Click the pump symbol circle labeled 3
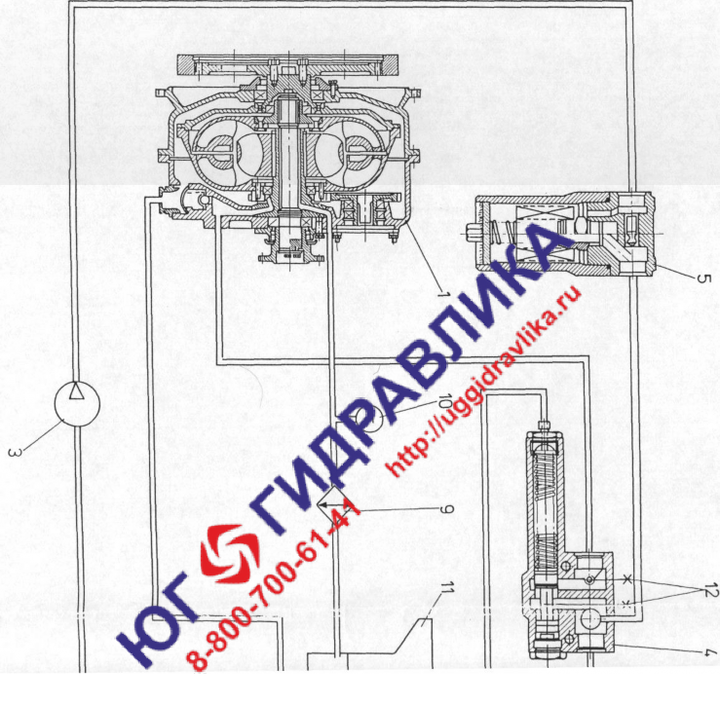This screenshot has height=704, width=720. click(x=77, y=404)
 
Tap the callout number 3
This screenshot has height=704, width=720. click(x=15, y=453)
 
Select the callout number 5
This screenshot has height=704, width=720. click(x=703, y=278)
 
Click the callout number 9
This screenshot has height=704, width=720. click(x=446, y=509)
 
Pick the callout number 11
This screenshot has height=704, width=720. click(x=446, y=590)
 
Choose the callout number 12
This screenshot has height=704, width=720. click(x=709, y=592)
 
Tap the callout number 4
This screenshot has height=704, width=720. click(x=710, y=653)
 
